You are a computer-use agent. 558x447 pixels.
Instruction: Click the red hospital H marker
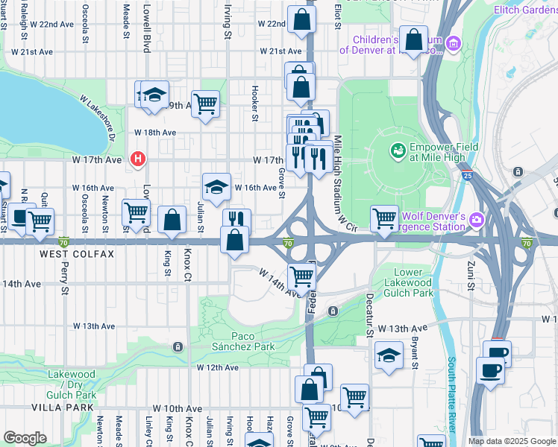click(137, 159)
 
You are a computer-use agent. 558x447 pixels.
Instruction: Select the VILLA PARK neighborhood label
click(63, 408)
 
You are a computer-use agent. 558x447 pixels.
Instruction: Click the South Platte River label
click(452, 395)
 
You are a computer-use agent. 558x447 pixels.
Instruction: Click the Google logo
click(25, 437)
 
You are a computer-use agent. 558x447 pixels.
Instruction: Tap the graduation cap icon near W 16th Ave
click(216, 187)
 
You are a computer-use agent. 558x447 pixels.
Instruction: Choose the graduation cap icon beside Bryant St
click(389, 355)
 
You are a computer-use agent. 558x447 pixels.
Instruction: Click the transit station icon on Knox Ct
click(178, 347)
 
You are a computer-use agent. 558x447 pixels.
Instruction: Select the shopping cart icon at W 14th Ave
click(302, 275)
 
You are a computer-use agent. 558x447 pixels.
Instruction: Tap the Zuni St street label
click(471, 276)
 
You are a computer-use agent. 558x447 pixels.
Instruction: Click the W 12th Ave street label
click(217, 367)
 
